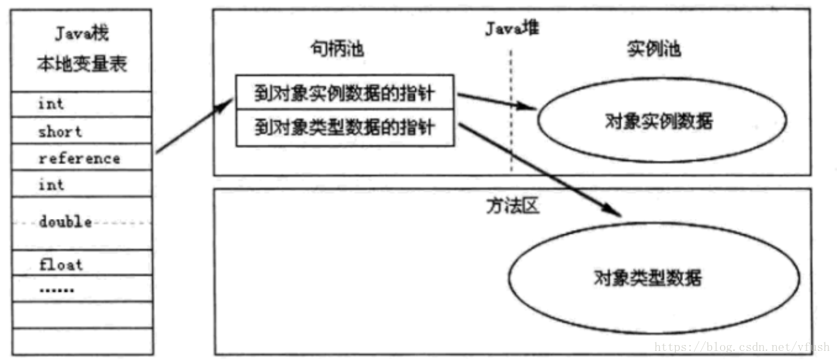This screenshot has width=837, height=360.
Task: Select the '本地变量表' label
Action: pos(82,65)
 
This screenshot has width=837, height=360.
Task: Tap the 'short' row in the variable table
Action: pos(60,131)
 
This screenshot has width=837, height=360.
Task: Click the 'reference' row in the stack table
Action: pos(79,158)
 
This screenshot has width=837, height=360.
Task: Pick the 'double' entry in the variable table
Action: pos(65,222)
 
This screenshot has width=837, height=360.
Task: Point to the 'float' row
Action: pos(61,264)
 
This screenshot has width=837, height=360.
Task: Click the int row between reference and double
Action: pos(51,185)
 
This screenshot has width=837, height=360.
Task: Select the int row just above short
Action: pos(51,104)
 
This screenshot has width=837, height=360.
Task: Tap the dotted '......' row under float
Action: pos(57,289)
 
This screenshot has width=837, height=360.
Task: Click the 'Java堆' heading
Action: pos(511,28)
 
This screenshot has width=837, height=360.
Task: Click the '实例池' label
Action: pos(654,48)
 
